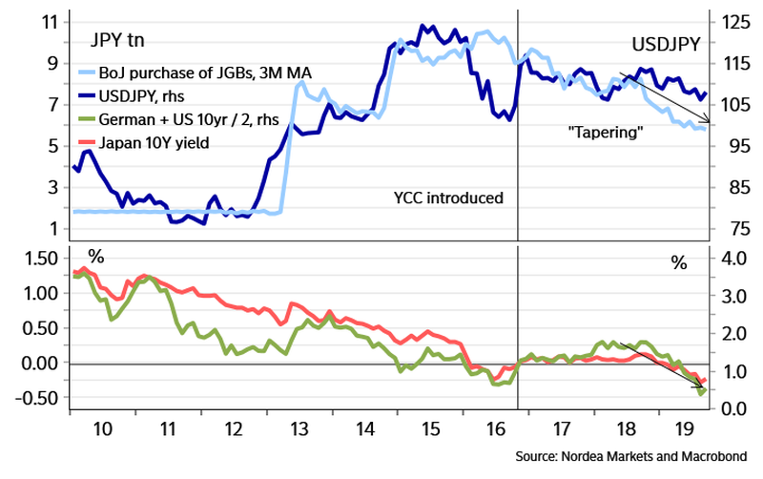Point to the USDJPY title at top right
pos(666,43)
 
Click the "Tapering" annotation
pos(603,133)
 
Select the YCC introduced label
pos(447,198)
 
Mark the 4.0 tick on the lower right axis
pos(722,259)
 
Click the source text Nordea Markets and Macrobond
pos(636,455)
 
